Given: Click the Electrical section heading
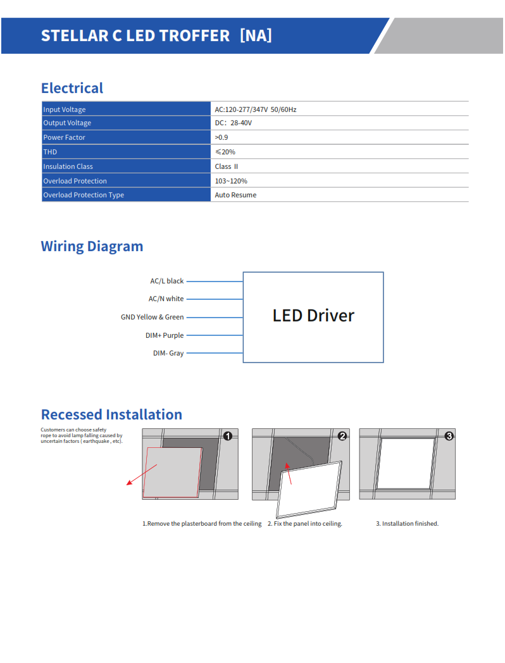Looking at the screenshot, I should pyautogui.click(x=72, y=88).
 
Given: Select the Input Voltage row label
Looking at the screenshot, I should pyautogui.click(x=64, y=109).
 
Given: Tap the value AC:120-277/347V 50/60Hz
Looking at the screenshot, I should pyautogui.click(x=255, y=109).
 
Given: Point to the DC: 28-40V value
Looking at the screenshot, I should pyautogui.click(x=233, y=123).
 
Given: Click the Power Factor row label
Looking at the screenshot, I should pyautogui.click(x=64, y=137).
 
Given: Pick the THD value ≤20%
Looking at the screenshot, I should pyautogui.click(x=225, y=152).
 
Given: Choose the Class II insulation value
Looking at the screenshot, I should pyautogui.click(x=226, y=166).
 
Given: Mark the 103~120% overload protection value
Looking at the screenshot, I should pyautogui.click(x=230, y=181).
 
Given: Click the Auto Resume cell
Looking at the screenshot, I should pyautogui.click(x=235, y=195).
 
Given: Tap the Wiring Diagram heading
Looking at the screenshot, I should pyautogui.click(x=92, y=246).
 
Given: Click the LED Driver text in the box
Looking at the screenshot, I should pyautogui.click(x=313, y=315).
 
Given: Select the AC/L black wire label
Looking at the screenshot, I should pyautogui.click(x=166, y=281).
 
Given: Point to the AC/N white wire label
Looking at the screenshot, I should pyautogui.click(x=166, y=299).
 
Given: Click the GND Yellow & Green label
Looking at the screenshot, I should pyautogui.click(x=152, y=317).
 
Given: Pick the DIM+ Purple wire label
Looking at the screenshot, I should pyautogui.click(x=165, y=335).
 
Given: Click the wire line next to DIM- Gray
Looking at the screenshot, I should pyautogui.click(x=215, y=353).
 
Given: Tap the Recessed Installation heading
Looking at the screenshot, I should pyautogui.click(x=111, y=414).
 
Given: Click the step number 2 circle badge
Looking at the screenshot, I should pyautogui.click(x=342, y=436).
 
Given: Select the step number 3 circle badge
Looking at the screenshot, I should pyautogui.click(x=449, y=436).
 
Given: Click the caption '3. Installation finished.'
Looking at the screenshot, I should pyautogui.click(x=407, y=524).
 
